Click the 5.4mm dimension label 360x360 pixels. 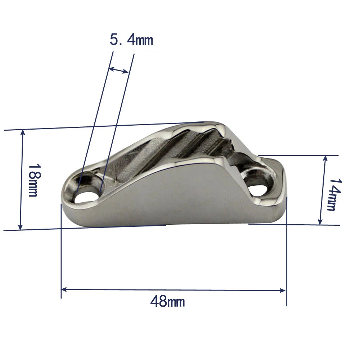(x=131, y=40)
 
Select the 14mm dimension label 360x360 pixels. (x=333, y=194)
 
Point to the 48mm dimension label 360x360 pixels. (x=167, y=301)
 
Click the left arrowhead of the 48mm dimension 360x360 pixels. (x=64, y=289)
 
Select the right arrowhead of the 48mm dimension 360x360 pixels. (x=283, y=290)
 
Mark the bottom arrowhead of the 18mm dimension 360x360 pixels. (x=21, y=227)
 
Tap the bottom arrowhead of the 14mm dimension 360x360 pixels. (x=320, y=222)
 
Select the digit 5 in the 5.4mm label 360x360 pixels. (x=114, y=40)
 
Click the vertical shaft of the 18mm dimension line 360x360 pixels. (x=22, y=180)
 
